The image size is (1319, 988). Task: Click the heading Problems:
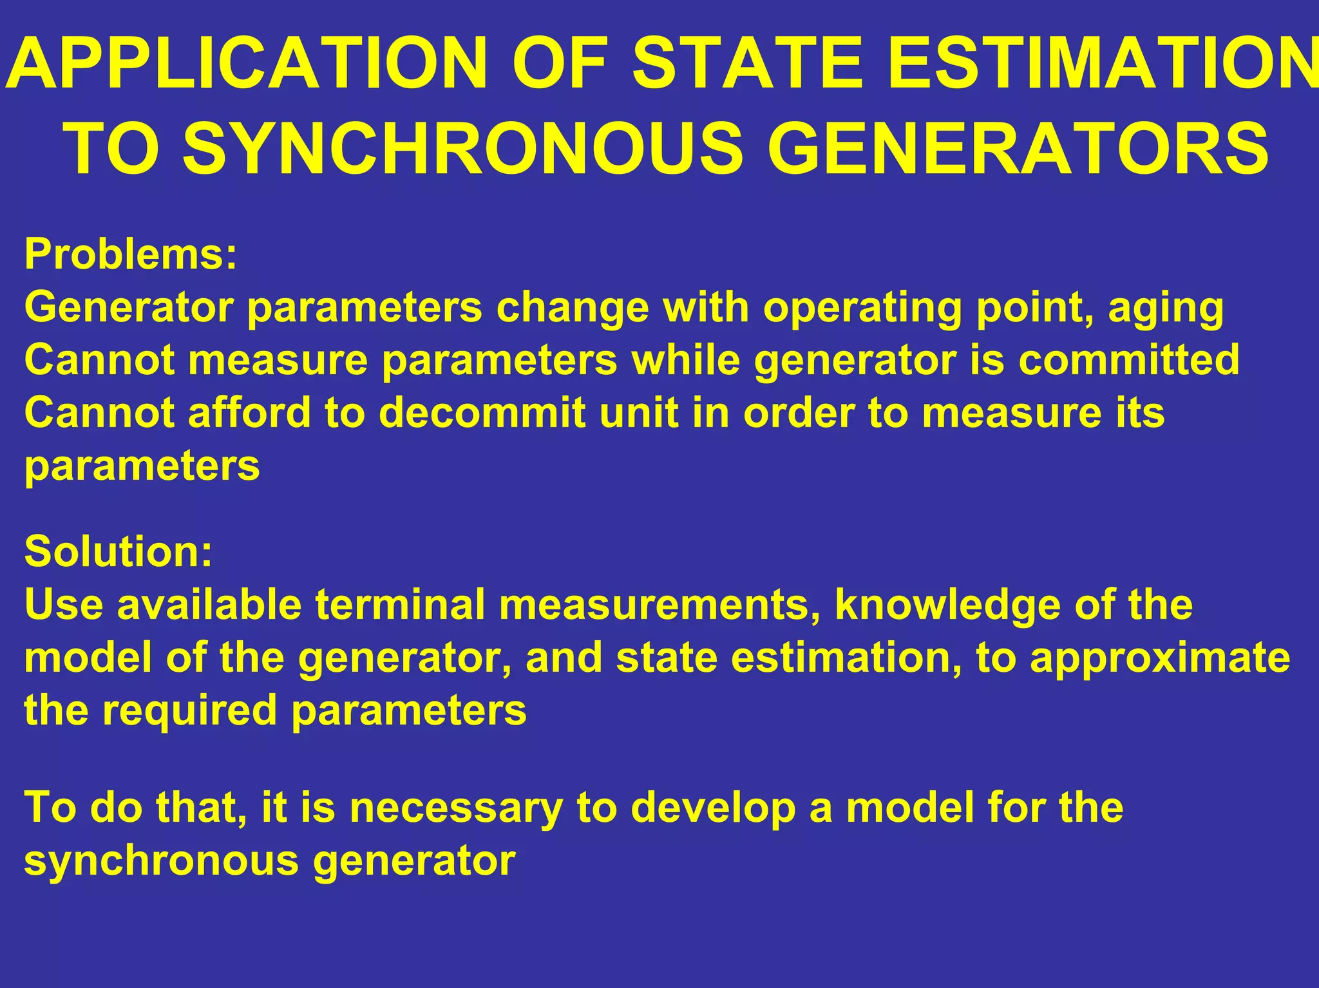pyautogui.click(x=131, y=254)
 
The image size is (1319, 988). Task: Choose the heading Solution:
pyautogui.click(x=119, y=551)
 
